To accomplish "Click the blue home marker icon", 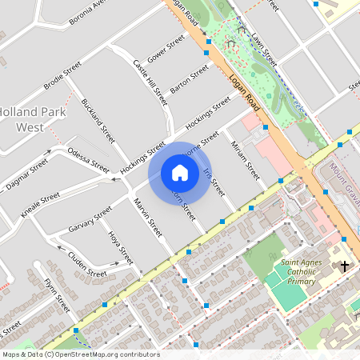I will tap(180, 173).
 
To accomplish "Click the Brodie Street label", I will tap(62, 76).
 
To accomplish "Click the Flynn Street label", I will tap(58, 294).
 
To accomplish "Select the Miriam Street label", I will tap(245, 158).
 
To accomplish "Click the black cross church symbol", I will tap(346, 266).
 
